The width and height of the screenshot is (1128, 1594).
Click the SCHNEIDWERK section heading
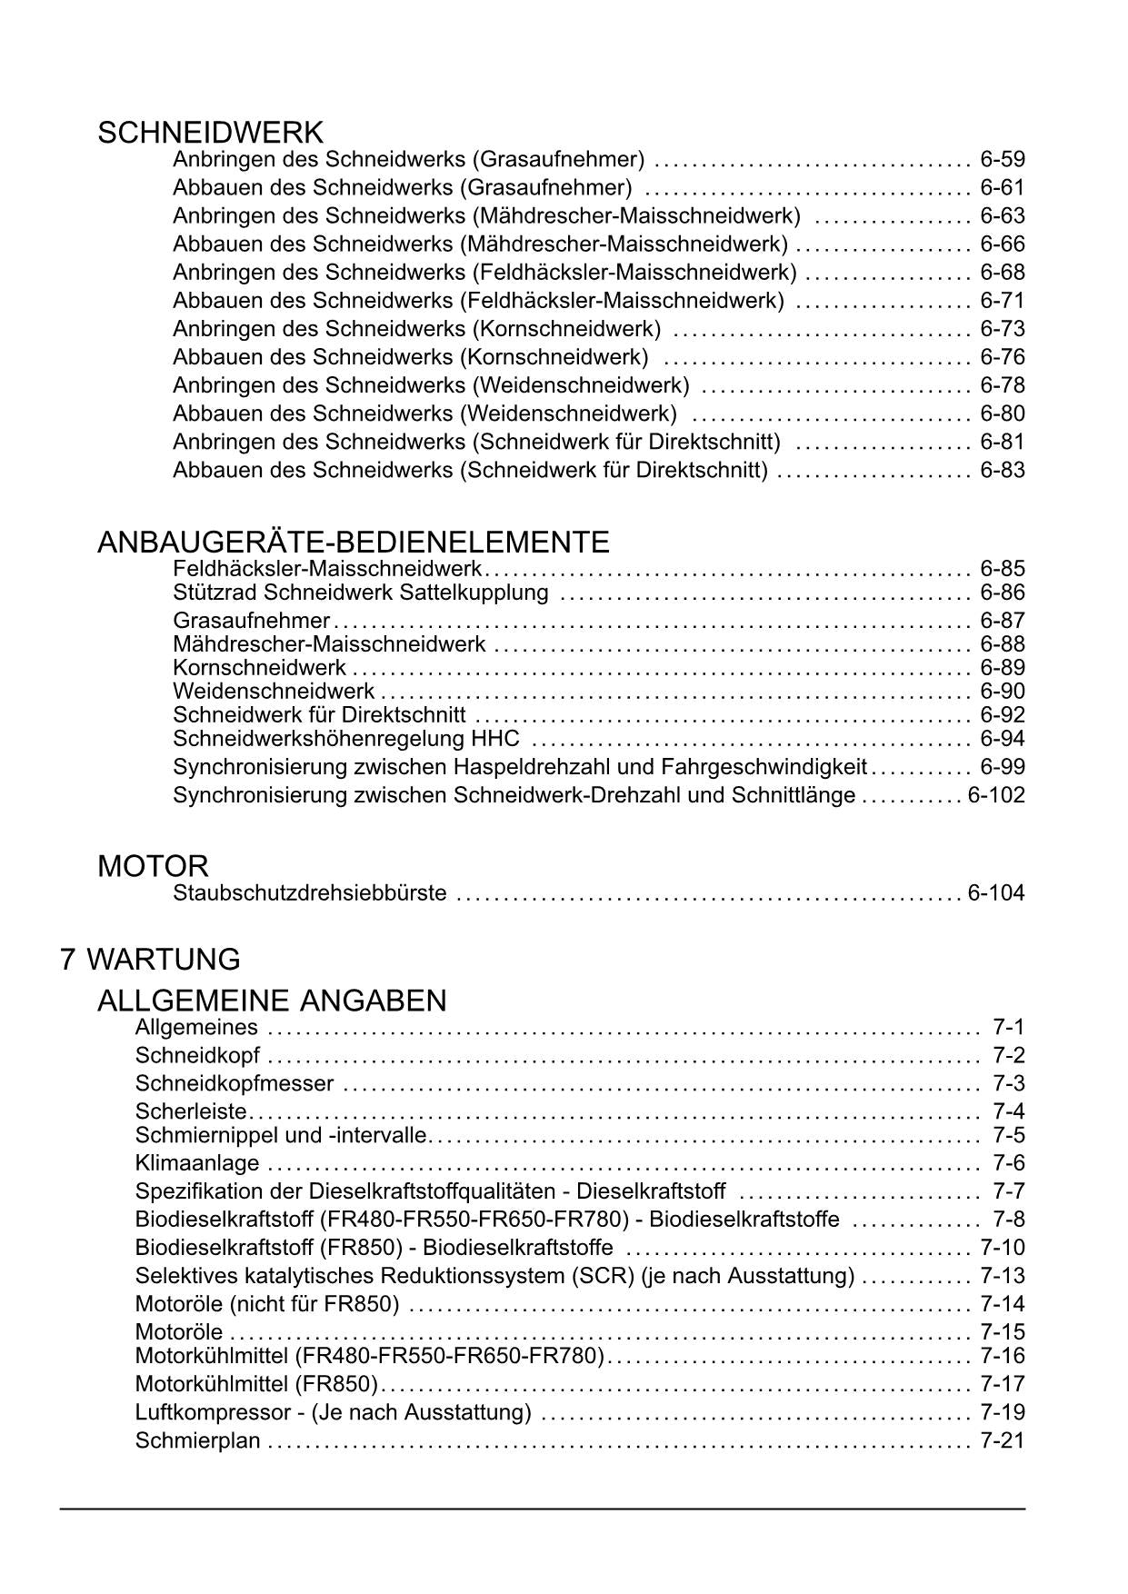pos(210,133)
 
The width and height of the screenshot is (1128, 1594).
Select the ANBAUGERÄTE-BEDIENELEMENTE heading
pos(353,543)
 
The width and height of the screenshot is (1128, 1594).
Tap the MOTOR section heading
pos(153,866)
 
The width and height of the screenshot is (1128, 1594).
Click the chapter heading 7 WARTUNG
pos(150,960)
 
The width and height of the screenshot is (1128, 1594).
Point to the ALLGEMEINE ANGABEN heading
pos(272,1001)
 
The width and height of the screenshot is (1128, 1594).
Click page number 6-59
pos(1002,160)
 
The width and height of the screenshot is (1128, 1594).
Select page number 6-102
pos(995,795)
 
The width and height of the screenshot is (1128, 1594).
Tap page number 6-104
pos(995,893)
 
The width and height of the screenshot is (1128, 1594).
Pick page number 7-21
pos(1002,1440)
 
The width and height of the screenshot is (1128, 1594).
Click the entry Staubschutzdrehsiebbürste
pos(309,893)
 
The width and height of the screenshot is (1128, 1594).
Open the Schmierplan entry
pos(197,1440)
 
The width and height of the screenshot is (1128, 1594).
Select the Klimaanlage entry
pos(196,1163)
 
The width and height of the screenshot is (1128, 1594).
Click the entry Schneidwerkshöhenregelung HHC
pos(345,738)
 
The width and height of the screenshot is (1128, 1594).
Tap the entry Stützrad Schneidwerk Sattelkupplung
pos(360,593)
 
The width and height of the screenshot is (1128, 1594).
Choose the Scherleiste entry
pos(190,1111)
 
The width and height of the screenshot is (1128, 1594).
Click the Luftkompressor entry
pos(333,1412)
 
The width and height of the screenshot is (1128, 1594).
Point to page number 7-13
pos(1002,1276)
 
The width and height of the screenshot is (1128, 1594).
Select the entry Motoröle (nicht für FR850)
pos(266,1304)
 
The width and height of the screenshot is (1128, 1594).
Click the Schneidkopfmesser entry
pos(234,1083)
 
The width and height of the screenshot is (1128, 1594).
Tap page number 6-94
pos(1002,738)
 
